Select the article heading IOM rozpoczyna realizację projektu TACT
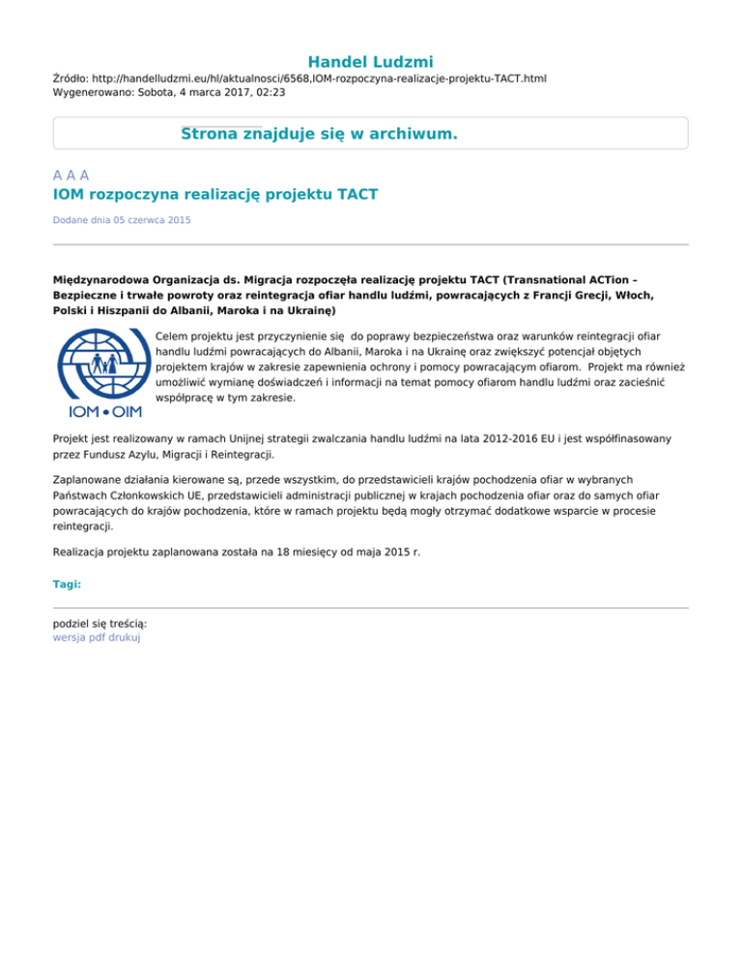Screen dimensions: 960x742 point(215,195)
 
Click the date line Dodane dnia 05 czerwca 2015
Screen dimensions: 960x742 point(122,221)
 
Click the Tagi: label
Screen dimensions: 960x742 point(68,584)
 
